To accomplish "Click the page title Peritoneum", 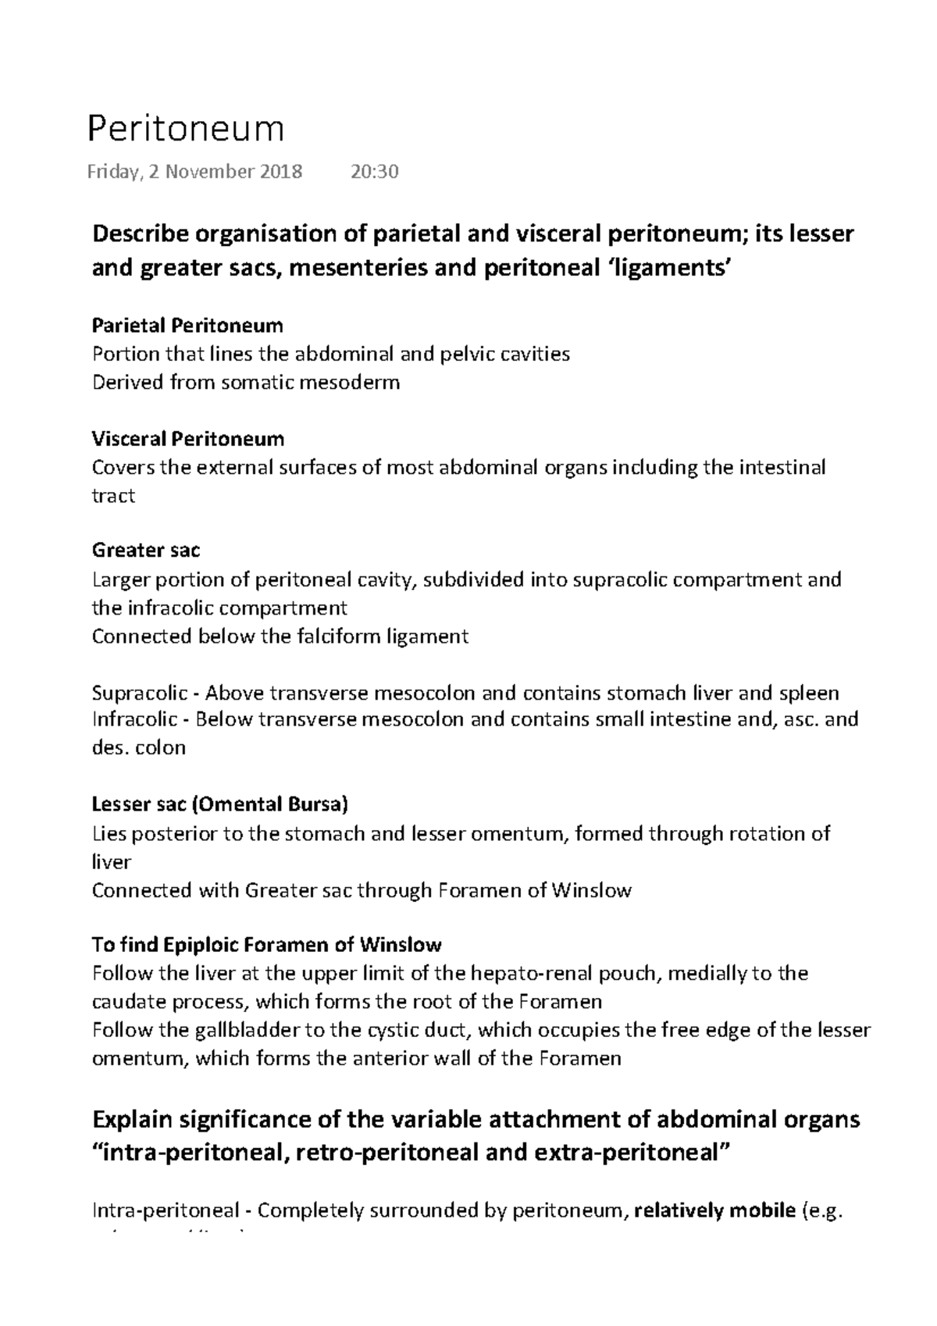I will (x=185, y=130).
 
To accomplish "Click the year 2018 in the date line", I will (x=281, y=172).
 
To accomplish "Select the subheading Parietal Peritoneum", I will (x=187, y=325).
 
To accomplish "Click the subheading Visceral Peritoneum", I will (x=187, y=438).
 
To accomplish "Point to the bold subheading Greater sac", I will (x=146, y=551).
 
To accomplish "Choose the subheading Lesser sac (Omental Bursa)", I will (x=219, y=804).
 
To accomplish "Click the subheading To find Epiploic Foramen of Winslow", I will (x=266, y=945).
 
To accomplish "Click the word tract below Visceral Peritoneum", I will (x=113, y=496).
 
